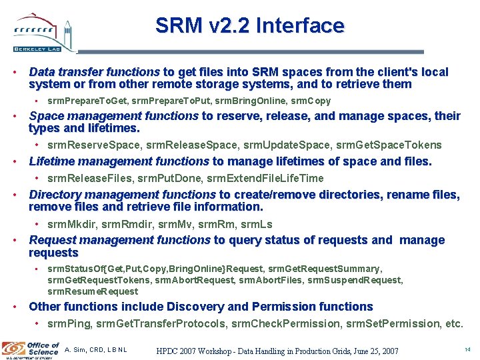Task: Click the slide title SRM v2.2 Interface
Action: [249, 26]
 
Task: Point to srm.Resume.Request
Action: [93, 291]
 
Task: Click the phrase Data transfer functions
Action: [94, 72]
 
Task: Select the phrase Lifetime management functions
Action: [119, 161]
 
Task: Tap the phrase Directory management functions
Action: [122, 195]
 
